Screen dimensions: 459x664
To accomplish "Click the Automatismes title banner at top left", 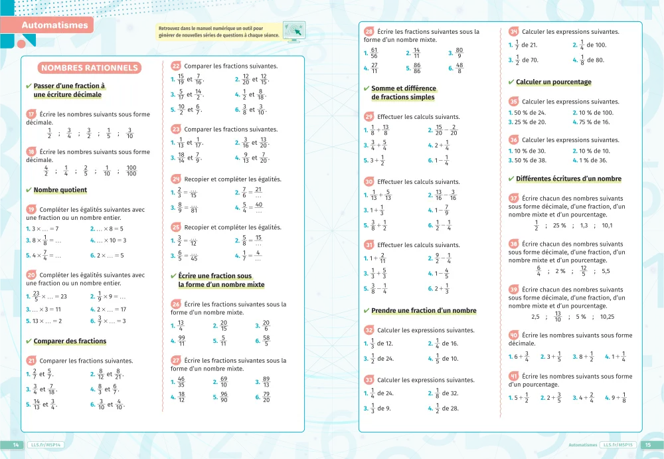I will click(x=54, y=25).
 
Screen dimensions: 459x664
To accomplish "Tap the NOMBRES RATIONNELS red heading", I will click(x=89, y=68).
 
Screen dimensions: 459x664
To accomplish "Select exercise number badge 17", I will click(x=31, y=114).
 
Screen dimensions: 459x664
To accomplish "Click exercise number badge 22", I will click(x=176, y=66).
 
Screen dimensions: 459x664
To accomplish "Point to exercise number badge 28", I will click(x=369, y=31).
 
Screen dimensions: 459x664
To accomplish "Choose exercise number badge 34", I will click(x=514, y=31).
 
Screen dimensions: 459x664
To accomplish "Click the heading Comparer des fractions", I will click(x=70, y=341).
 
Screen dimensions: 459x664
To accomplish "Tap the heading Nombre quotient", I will click(x=60, y=190).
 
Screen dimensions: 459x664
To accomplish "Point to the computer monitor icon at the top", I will click(x=293, y=30).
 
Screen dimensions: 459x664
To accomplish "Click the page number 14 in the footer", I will click(x=15, y=444).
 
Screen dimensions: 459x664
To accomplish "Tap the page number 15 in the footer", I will click(x=648, y=444).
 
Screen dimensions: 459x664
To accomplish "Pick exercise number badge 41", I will click(x=514, y=377).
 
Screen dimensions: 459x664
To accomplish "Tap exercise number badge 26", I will click(x=176, y=304).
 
